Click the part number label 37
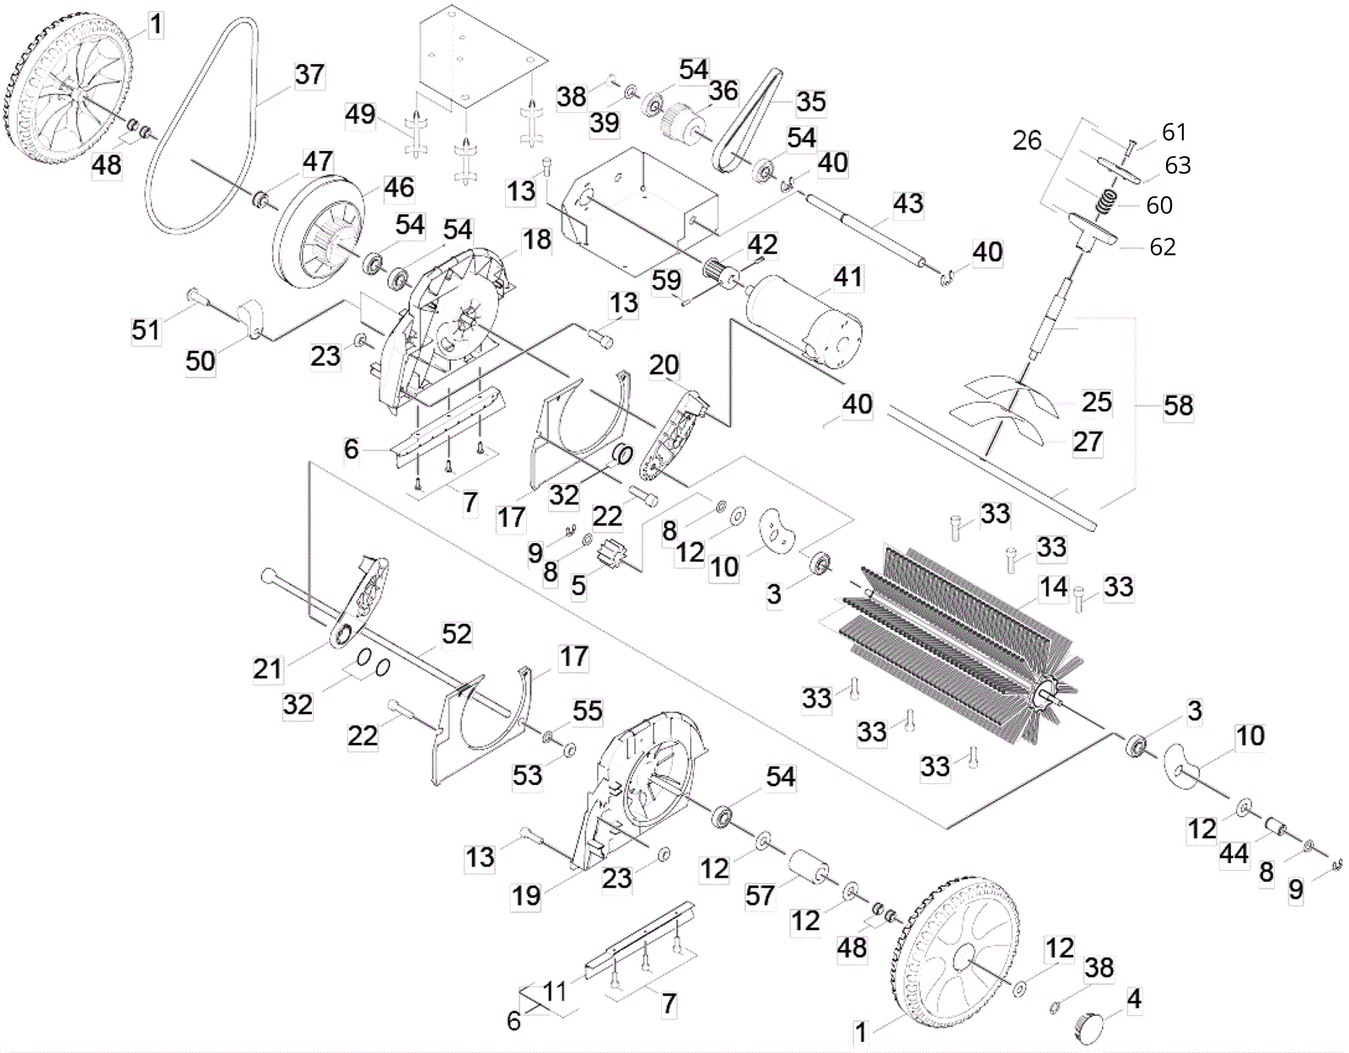[309, 74]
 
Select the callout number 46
[399, 187]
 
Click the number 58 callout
[1178, 406]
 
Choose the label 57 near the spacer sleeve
[760, 895]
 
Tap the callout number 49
[360, 114]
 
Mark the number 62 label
[1163, 246]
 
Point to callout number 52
[456, 634]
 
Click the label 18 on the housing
[536, 240]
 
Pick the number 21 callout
[267, 669]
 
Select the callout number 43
[908, 203]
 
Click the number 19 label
[527, 895]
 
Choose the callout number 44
[1233, 854]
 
